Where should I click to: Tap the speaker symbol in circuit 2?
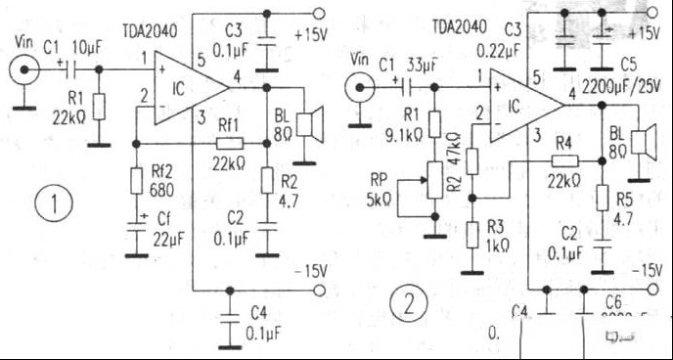coord(644,143)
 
